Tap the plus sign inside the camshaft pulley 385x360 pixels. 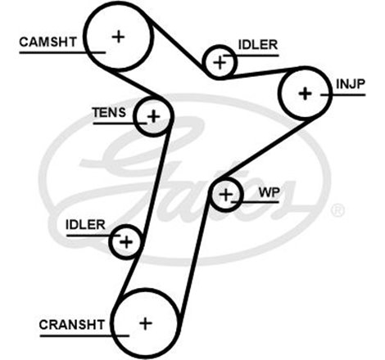tap(120, 36)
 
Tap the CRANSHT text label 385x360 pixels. tap(71, 325)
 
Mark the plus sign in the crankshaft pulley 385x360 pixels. tap(145, 322)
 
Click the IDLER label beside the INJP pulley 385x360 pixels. tap(257, 44)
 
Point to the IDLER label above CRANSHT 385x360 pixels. tap(85, 224)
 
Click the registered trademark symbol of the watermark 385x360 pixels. tap(337, 211)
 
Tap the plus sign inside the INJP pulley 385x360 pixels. tap(306, 93)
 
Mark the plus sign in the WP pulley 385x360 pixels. tap(226, 194)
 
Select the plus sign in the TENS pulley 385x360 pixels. tap(153, 115)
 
